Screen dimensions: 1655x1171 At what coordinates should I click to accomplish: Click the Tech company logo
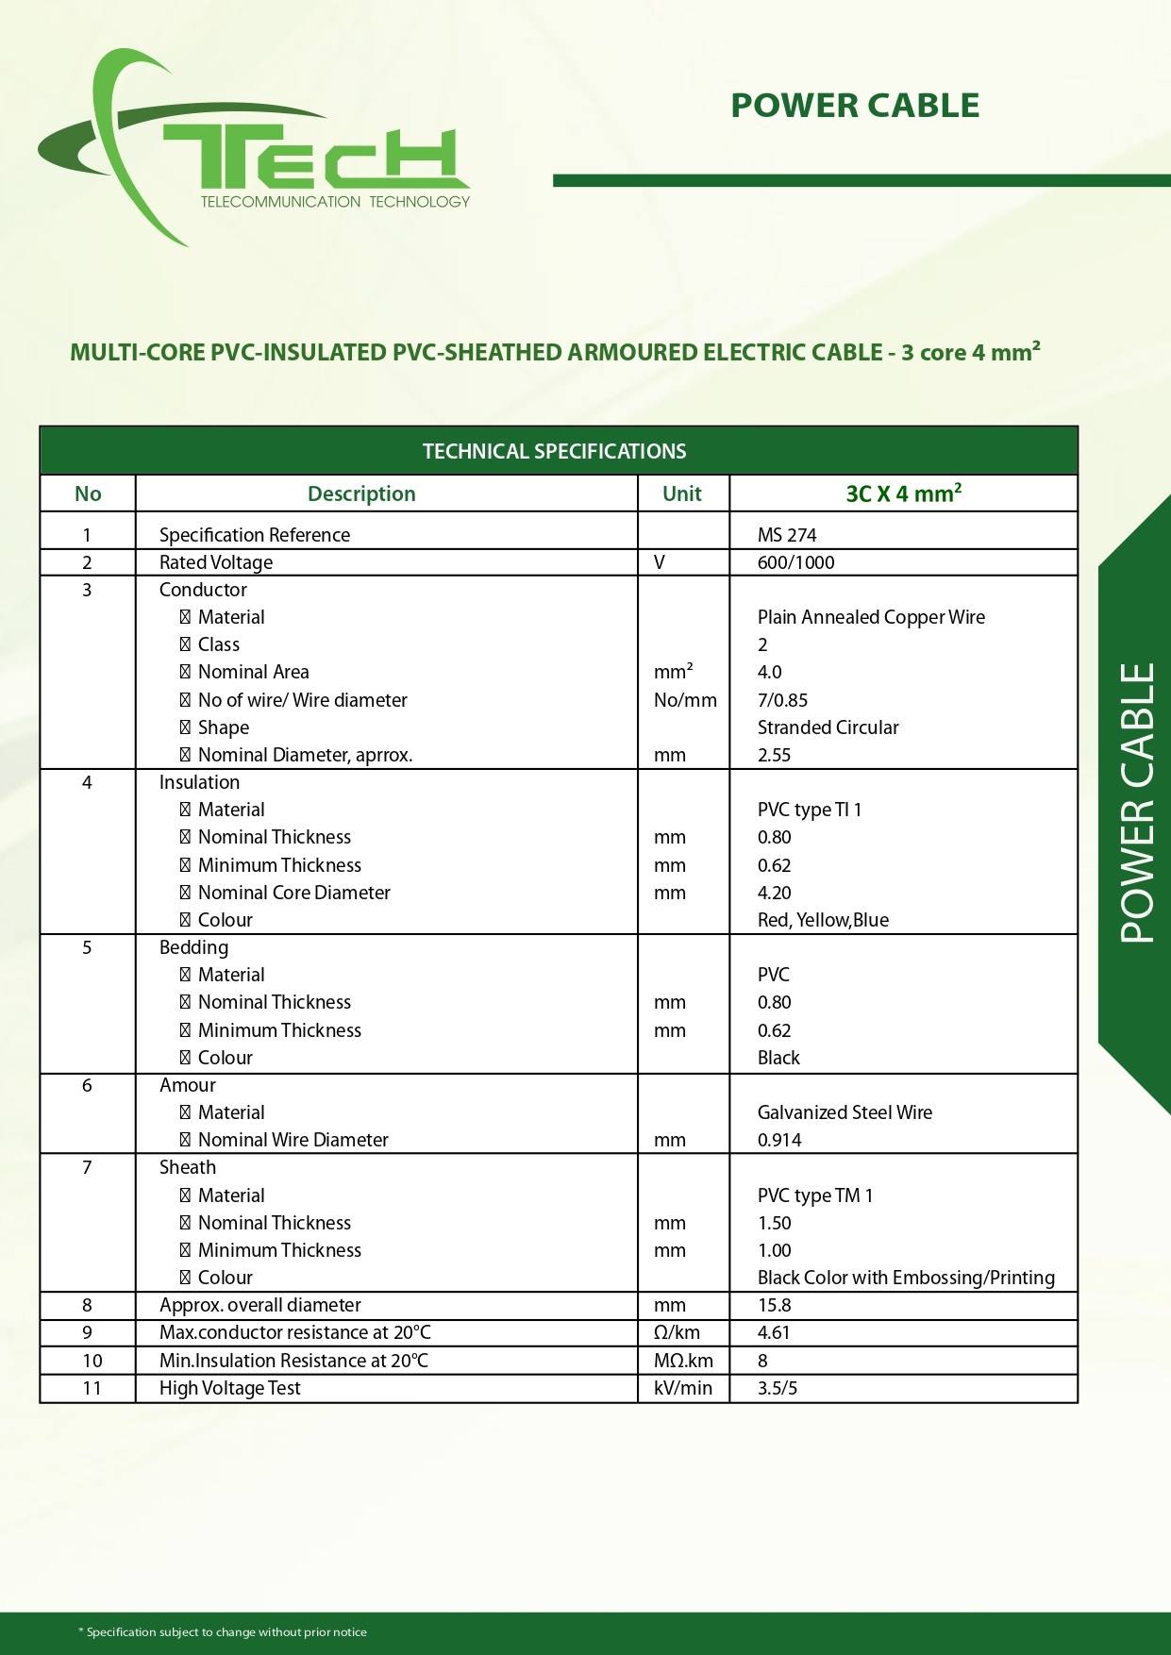coord(255,151)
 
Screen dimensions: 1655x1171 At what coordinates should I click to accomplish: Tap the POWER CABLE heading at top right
coord(855,106)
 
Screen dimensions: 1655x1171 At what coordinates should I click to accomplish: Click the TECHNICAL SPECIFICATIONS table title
coord(555,451)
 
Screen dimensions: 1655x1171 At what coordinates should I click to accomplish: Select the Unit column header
coord(682,493)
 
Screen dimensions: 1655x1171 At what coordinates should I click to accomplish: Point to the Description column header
coord(361,493)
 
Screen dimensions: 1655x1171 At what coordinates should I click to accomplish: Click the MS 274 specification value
coord(787,535)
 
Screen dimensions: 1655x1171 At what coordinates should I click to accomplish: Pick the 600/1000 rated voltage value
coord(795,562)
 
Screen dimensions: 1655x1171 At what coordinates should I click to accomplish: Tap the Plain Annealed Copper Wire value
coord(871,617)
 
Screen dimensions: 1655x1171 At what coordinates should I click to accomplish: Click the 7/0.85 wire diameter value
coord(782,700)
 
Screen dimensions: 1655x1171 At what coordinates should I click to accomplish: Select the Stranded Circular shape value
coord(828,727)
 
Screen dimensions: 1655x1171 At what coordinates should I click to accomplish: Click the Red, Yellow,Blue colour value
coord(823,920)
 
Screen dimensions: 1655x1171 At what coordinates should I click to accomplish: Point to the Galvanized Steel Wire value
coord(845,1112)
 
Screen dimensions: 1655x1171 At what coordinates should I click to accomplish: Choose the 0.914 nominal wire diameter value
coord(779,1140)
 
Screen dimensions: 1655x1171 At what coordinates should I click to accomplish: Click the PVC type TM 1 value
coord(815,1195)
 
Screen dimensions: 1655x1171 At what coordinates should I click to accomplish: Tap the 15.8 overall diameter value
coord(774,1305)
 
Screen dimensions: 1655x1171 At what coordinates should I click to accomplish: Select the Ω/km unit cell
coord(677,1332)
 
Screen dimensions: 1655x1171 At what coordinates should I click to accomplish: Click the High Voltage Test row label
coord(229,1388)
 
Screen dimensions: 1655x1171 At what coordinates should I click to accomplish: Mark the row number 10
coord(92,1361)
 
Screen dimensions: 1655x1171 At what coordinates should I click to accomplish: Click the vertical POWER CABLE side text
coord(1138,803)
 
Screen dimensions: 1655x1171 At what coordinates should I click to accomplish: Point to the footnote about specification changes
coord(223,1632)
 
